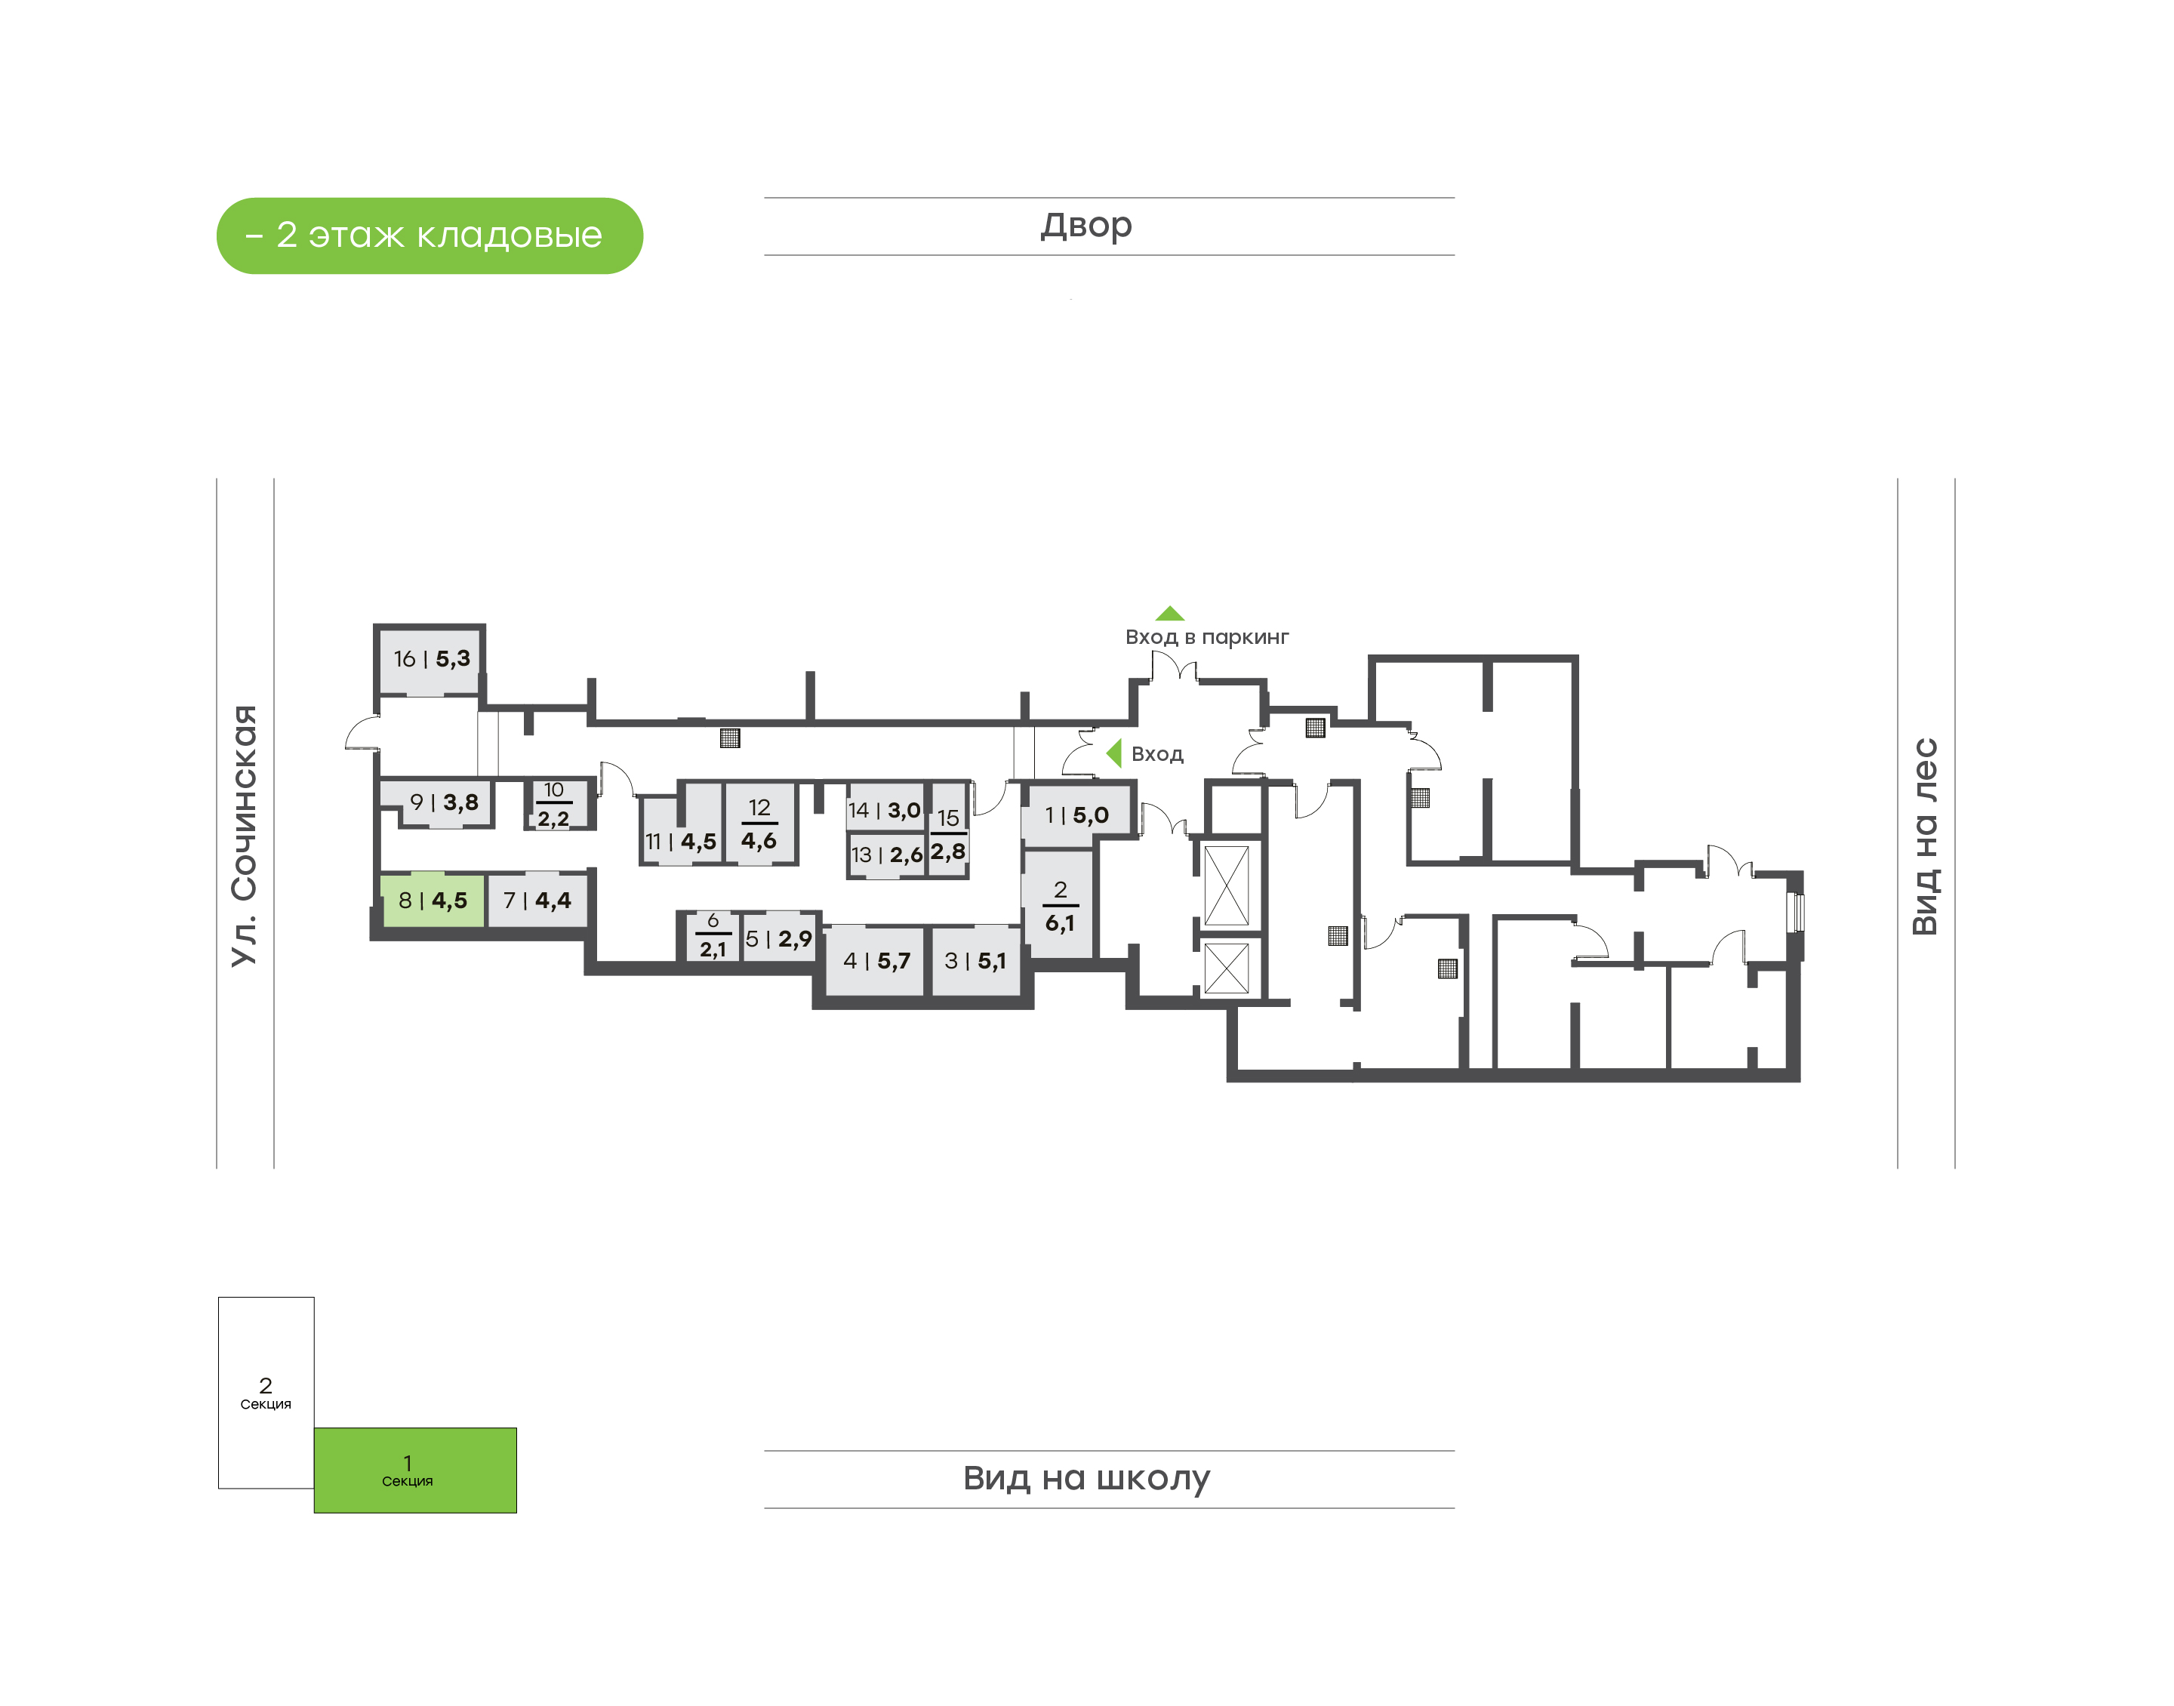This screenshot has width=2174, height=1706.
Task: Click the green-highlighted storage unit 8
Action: click(433, 901)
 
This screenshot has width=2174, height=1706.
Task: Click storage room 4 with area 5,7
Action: click(876, 961)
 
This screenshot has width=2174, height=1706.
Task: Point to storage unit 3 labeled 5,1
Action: click(975, 961)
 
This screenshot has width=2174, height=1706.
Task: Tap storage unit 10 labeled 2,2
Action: click(554, 805)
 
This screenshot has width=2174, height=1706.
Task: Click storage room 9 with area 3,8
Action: click(437, 803)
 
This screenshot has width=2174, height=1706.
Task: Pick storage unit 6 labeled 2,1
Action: click(712, 937)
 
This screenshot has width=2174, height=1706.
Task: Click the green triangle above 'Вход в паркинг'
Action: click(1169, 613)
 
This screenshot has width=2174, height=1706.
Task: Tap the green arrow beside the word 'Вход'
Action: click(1114, 753)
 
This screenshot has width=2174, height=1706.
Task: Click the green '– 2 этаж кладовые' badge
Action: click(430, 236)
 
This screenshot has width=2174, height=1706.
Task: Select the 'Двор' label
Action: click(1086, 226)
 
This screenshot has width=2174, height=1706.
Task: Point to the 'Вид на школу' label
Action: click(1086, 1478)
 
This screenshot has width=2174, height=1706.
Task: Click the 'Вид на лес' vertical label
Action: click(1924, 837)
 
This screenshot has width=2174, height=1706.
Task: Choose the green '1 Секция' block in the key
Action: click(415, 1470)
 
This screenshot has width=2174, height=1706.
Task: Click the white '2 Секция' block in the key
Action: click(266, 1393)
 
